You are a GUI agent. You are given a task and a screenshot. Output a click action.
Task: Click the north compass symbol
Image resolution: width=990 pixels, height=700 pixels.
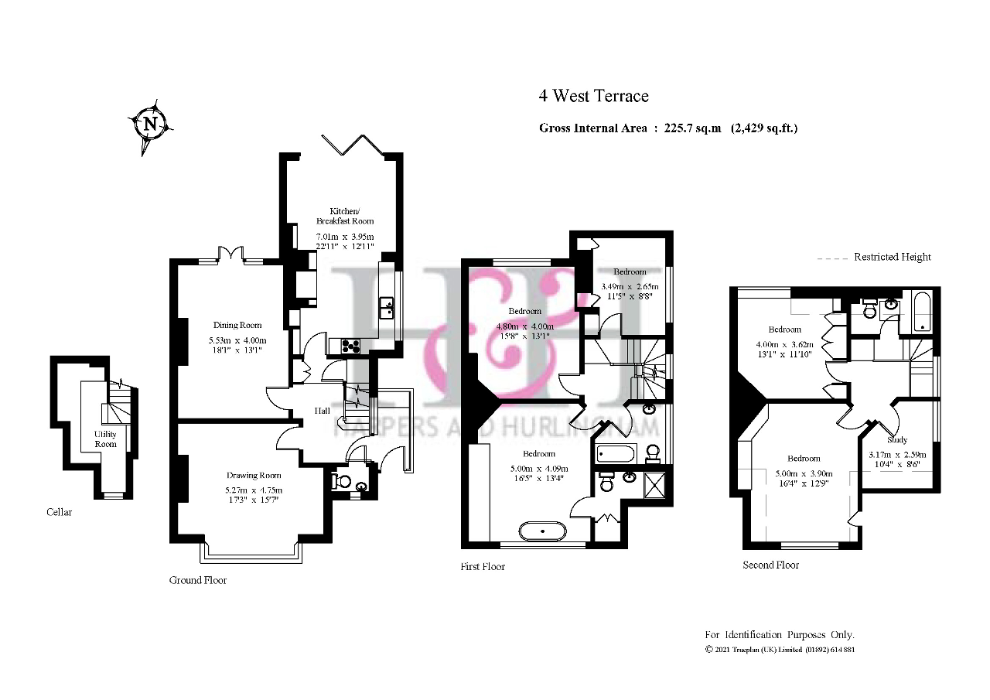[x=151, y=124]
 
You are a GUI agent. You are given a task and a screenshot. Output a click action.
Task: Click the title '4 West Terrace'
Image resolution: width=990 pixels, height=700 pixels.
[x=593, y=96]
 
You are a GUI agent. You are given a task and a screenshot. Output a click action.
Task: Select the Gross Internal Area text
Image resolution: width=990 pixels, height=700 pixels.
[x=667, y=128]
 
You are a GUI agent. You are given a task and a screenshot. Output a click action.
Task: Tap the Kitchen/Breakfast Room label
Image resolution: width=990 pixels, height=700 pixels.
[x=352, y=216]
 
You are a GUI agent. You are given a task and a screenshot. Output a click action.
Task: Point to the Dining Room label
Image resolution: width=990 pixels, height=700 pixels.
[x=237, y=326]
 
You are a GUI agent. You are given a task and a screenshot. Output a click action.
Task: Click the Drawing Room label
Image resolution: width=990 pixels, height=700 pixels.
[x=254, y=475]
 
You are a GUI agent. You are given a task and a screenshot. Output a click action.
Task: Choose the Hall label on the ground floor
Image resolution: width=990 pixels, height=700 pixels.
[x=323, y=411]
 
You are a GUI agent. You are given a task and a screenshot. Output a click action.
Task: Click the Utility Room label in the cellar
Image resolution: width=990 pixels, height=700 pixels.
[x=105, y=439]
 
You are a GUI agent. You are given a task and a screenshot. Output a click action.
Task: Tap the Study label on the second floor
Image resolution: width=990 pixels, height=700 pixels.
[x=897, y=439]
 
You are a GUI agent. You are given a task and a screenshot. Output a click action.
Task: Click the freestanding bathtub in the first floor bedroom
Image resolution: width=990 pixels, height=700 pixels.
[x=542, y=531]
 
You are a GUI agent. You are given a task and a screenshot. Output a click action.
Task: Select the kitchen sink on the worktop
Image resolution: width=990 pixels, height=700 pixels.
[x=386, y=307]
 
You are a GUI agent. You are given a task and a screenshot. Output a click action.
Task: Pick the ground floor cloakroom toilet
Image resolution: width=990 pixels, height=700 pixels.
[x=341, y=482]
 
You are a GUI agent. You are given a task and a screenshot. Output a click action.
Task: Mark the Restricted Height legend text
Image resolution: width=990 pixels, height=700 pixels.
[x=892, y=257]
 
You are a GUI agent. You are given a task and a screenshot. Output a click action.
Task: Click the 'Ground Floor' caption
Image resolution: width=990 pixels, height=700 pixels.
[x=198, y=580]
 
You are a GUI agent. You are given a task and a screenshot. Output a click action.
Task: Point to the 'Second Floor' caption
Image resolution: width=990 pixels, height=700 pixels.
[x=770, y=565]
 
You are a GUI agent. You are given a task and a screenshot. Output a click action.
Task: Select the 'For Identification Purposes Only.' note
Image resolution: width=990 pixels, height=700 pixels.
[x=779, y=634]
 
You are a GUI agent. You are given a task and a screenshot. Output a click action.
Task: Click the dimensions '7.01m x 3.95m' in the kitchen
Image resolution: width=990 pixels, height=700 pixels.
[x=344, y=237]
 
